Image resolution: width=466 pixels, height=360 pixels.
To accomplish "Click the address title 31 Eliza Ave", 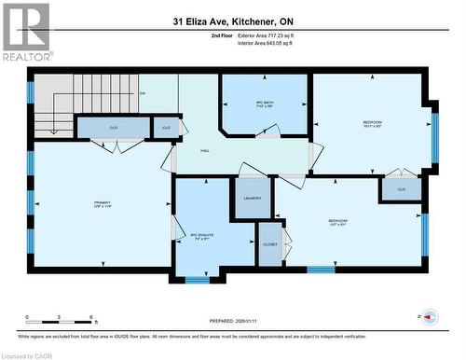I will pyautogui.click(x=232, y=20).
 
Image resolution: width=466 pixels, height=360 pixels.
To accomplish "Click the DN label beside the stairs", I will pyautogui.click(x=143, y=93).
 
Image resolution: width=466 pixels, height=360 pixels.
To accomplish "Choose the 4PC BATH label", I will pyautogui.click(x=264, y=103).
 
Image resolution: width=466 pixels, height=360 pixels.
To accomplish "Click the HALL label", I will pyautogui.click(x=206, y=150).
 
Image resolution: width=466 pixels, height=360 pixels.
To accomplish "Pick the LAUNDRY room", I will pyautogui.click(x=252, y=198).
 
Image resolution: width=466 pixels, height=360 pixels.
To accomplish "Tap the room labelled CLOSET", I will pyautogui.click(x=269, y=243).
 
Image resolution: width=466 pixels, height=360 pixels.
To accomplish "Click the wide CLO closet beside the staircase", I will pyautogui.click(x=112, y=127).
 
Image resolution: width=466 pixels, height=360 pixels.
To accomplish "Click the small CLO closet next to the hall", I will pyautogui.click(x=166, y=127).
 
